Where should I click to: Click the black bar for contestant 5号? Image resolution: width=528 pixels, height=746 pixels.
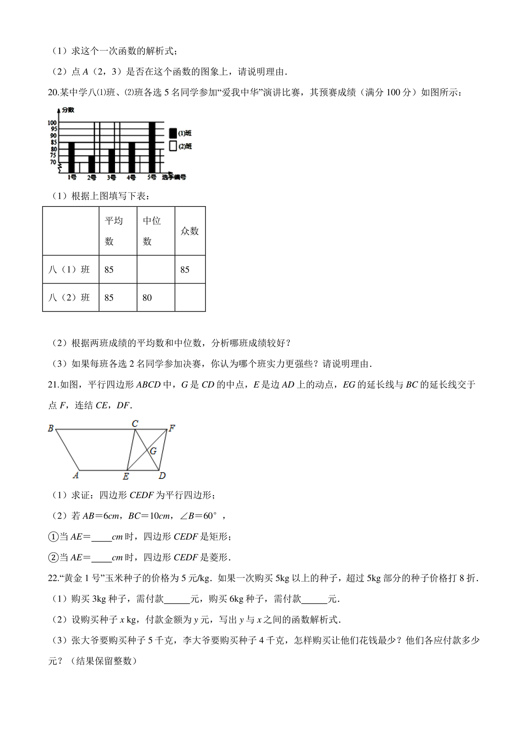152,147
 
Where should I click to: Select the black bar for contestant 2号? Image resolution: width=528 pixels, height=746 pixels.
92,164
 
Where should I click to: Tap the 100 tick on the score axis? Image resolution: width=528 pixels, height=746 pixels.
52,123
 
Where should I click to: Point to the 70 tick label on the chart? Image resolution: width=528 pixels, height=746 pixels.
53,162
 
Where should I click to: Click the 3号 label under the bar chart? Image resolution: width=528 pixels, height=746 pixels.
111,178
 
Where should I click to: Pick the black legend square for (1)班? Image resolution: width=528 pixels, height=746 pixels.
173,133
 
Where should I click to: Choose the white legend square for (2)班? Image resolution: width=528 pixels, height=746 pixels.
173,146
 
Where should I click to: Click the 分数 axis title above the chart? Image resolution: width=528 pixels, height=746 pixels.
68,110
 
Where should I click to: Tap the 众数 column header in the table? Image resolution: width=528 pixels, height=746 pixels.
190,231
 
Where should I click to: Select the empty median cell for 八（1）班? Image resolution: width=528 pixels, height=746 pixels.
156,270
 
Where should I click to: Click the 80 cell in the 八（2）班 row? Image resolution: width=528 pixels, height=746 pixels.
147,298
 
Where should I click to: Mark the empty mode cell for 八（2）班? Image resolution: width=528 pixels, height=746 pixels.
190,298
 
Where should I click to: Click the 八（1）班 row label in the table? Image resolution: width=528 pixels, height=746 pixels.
69,270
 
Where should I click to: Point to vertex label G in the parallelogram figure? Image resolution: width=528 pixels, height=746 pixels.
153,451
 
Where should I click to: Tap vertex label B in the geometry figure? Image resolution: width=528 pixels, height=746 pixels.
51,429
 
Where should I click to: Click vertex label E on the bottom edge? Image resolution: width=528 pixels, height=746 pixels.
126,476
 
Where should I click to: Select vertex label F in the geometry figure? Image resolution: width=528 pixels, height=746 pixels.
172,428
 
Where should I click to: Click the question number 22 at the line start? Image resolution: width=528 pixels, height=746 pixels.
53,578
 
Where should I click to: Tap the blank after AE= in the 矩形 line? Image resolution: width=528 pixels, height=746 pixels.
101,537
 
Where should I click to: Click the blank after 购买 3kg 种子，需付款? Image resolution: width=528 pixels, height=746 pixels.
177,599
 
